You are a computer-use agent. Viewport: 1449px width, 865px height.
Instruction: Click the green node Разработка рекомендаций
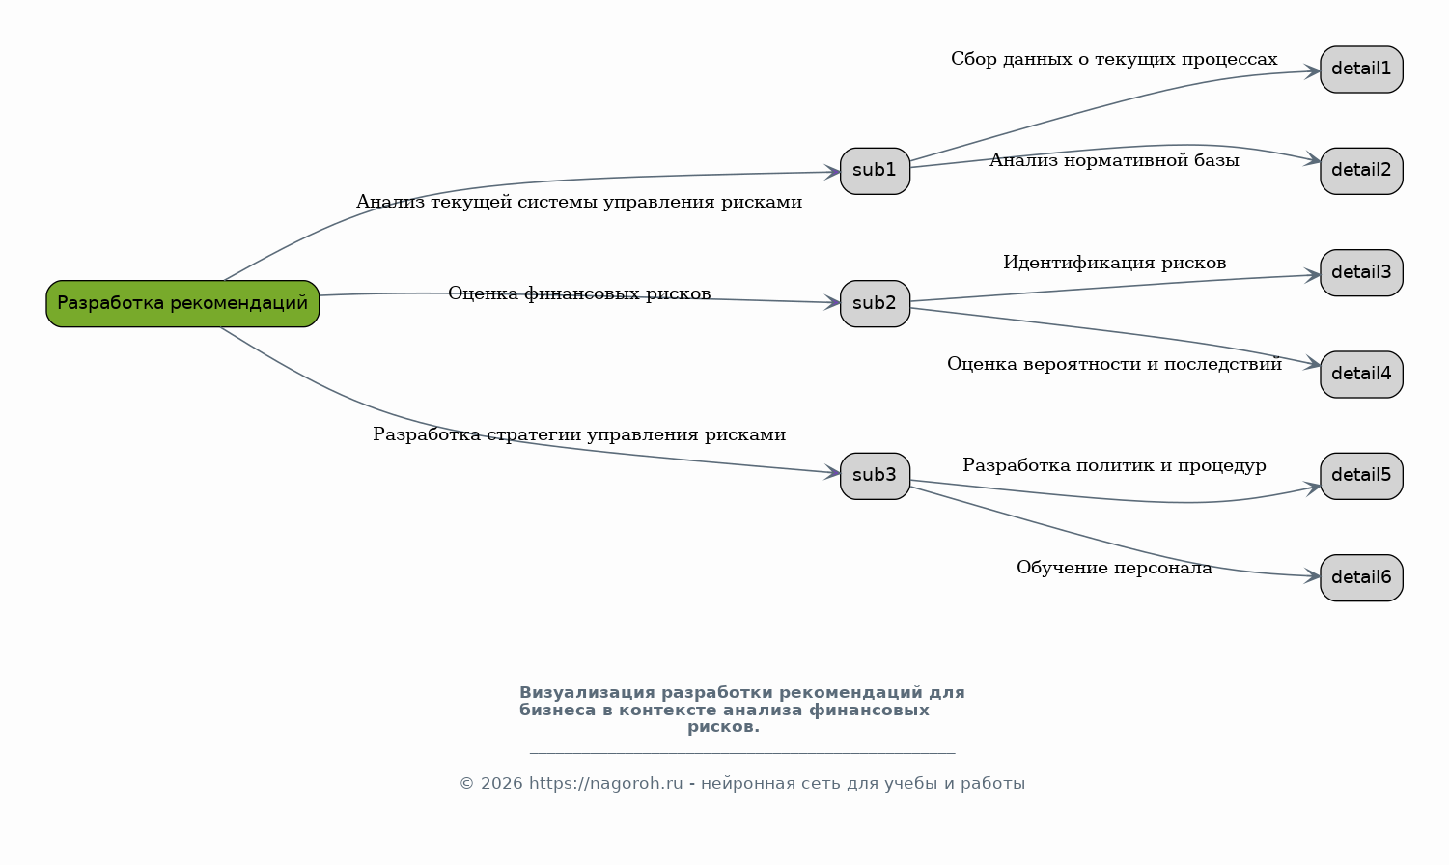click(x=182, y=303)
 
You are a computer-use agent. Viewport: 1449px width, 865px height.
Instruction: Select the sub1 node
click(x=875, y=171)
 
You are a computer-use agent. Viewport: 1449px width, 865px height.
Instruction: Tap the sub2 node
click(x=875, y=303)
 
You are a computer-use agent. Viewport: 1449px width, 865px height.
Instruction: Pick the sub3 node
click(x=875, y=476)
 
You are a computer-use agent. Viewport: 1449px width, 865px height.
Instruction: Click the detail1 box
click(x=1361, y=70)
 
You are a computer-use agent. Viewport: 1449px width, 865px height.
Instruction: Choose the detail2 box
click(x=1361, y=171)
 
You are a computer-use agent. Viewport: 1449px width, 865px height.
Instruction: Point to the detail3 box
click(x=1361, y=272)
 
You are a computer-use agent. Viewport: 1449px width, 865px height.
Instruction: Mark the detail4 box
click(x=1361, y=375)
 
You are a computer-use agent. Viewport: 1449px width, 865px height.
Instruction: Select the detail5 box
click(x=1361, y=476)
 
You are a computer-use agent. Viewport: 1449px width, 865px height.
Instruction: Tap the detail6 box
click(x=1361, y=577)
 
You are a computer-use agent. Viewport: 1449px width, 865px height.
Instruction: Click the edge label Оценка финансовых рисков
click(x=579, y=293)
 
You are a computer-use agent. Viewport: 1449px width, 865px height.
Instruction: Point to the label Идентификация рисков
click(x=1115, y=263)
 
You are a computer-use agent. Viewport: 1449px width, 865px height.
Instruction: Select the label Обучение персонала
click(x=1114, y=568)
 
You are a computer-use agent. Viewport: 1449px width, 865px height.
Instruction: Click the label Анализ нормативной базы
click(x=1114, y=160)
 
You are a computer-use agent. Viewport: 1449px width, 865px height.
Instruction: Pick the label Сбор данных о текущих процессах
click(x=1114, y=60)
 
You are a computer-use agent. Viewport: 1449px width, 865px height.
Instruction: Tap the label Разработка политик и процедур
click(x=1114, y=466)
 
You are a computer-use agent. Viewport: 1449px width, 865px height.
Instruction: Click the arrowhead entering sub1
click(x=832, y=172)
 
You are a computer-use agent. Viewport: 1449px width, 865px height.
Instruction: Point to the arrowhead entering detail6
click(x=1312, y=575)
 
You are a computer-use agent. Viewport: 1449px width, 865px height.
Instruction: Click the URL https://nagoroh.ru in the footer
click(x=605, y=784)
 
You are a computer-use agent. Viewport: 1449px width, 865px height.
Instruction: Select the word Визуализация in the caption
click(x=587, y=693)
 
